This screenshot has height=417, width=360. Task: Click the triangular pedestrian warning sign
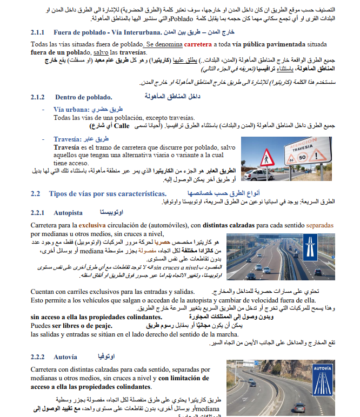(x=266, y=158)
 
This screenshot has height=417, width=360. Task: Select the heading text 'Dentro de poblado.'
(x=83, y=97)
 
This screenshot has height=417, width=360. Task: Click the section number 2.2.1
(x=39, y=213)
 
